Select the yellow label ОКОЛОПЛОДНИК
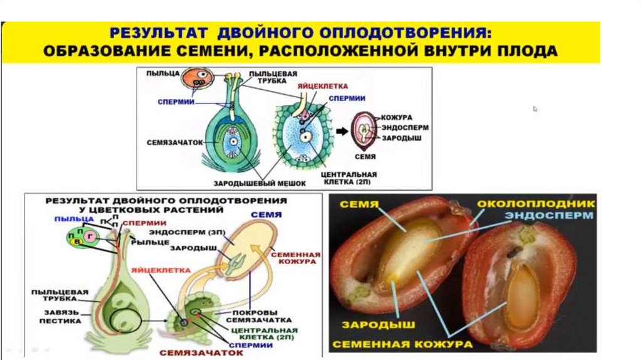click(x=534, y=204)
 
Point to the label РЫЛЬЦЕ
click(x=143, y=241)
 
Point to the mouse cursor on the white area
click(x=535, y=109)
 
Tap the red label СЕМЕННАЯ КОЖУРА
click(x=295, y=258)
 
